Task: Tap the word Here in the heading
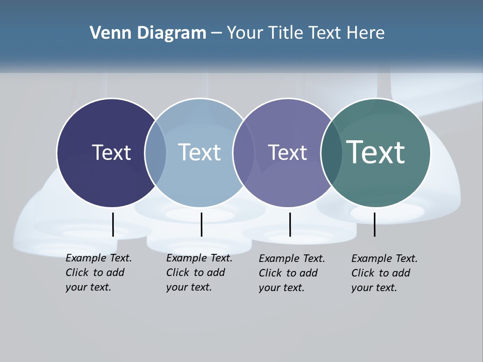[x=366, y=33]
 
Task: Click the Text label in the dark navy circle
[x=111, y=152]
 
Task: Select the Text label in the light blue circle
[x=199, y=152]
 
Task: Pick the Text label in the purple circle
[x=287, y=152]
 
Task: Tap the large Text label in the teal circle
[x=375, y=152]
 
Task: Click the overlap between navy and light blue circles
[x=155, y=153]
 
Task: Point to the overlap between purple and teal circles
[x=331, y=153]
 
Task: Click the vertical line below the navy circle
[x=113, y=224]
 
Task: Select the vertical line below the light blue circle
[x=201, y=224]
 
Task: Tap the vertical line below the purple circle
[x=290, y=224]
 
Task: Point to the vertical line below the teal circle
[x=374, y=224]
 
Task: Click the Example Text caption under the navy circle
[x=98, y=273]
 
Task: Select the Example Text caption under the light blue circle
[x=199, y=273]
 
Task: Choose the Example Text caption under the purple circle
[x=291, y=273]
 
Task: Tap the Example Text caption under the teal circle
[x=384, y=273]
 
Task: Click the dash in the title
[x=216, y=34]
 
